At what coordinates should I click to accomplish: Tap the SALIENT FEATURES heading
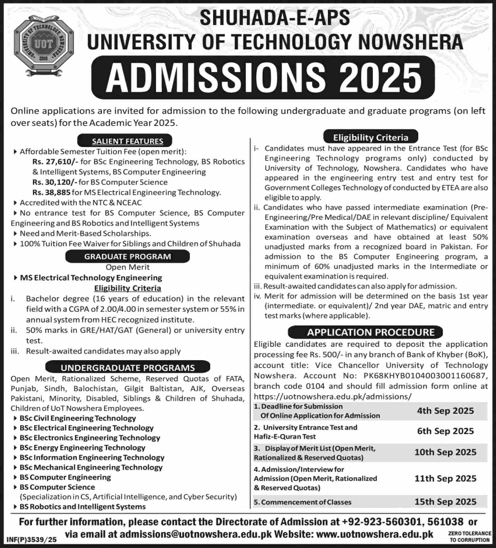point(127,141)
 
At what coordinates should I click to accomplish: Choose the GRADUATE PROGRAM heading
point(127,257)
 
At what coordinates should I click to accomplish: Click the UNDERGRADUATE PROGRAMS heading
point(128,368)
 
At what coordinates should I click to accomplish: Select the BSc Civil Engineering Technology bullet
point(78,418)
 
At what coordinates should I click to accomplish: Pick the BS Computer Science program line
point(57,487)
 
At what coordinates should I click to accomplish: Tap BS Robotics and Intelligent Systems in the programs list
point(83,507)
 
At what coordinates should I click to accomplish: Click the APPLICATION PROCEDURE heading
point(371,332)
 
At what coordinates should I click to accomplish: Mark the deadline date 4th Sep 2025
point(445,411)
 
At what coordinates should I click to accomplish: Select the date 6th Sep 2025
point(445,431)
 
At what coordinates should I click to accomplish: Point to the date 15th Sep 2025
point(445,502)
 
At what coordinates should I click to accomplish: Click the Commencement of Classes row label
point(303,502)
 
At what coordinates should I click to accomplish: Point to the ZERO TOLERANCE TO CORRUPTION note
point(469,537)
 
